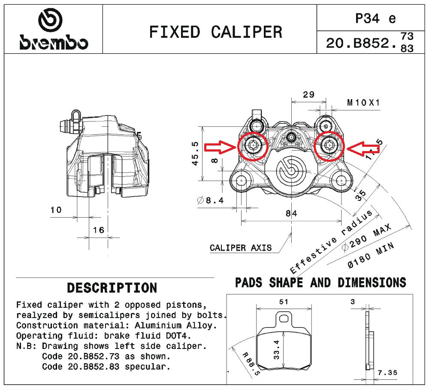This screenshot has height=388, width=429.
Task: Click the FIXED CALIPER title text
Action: [x=216, y=32]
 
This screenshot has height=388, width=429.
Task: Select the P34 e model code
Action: [x=375, y=18]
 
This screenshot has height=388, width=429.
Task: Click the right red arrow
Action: [x=363, y=148]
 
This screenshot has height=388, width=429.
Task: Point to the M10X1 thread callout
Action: [x=363, y=103]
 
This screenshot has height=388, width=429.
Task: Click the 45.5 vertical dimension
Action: [x=195, y=153]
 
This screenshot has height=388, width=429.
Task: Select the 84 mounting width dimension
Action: [x=292, y=212]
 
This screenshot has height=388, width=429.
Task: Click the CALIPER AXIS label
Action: [x=240, y=248]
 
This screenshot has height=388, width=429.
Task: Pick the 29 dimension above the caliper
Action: [x=308, y=94]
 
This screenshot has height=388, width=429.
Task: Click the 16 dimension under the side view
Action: [x=99, y=230]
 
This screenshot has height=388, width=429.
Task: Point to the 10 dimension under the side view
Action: [x=56, y=210]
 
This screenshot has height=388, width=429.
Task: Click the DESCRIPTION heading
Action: [x=112, y=287]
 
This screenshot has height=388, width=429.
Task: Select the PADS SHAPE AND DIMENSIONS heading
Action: [x=320, y=282]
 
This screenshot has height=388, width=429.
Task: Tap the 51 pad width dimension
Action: [x=284, y=302]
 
